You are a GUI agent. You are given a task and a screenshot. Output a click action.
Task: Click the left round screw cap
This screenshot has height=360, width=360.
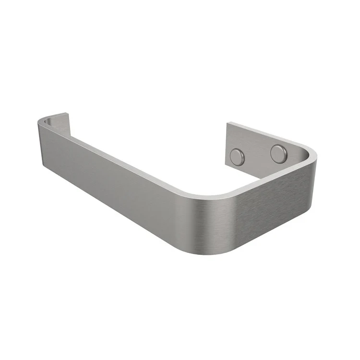[x=237, y=156]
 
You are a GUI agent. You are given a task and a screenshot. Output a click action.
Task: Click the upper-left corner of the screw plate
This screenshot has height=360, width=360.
[x=228, y=123]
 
